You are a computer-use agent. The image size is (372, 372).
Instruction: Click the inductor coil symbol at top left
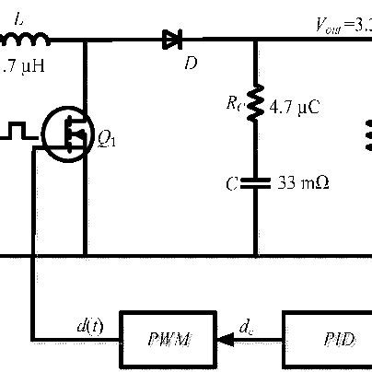[x=24, y=39]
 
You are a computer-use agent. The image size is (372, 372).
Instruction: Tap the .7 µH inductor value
[x=19, y=66]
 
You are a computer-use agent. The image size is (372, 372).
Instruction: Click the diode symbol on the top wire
[x=170, y=39]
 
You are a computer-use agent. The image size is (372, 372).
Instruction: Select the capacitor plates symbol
[x=255, y=182]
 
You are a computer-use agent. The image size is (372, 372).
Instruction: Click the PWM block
[x=167, y=338]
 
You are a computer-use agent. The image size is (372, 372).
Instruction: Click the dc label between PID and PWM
[x=246, y=324]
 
